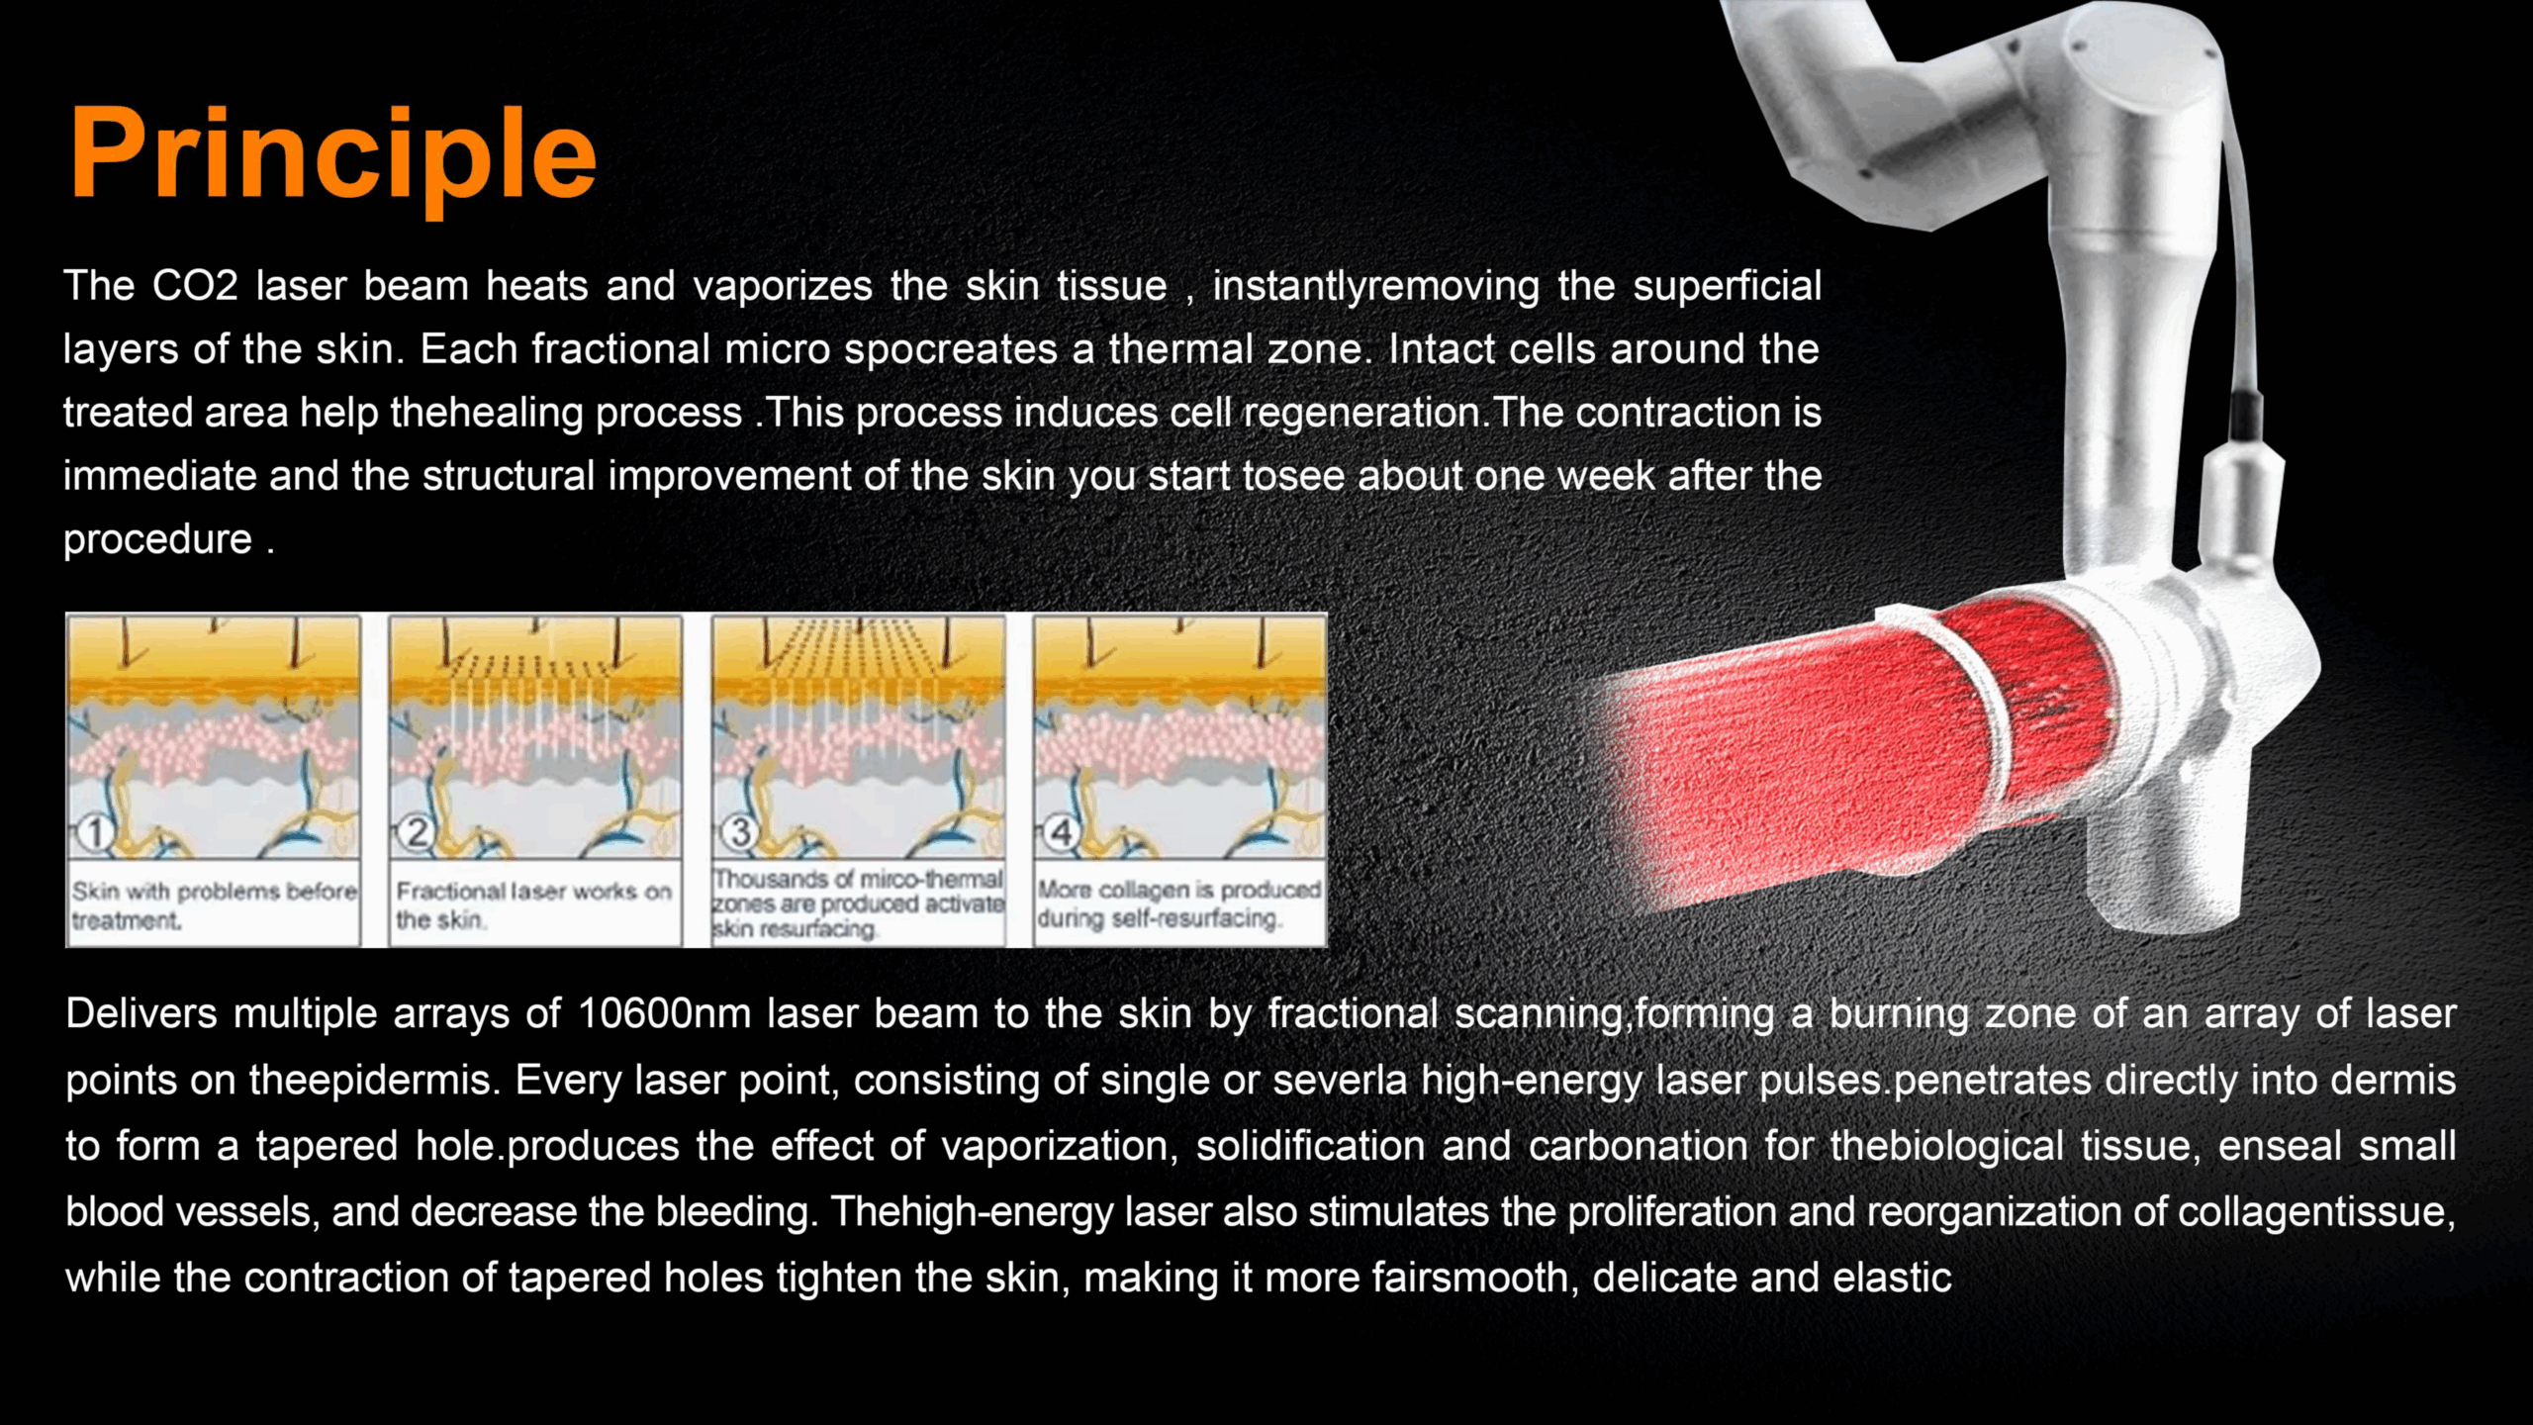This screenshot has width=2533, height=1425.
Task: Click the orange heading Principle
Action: click(332, 156)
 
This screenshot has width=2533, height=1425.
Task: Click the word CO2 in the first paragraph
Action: click(195, 286)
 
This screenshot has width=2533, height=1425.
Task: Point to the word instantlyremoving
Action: click(1376, 287)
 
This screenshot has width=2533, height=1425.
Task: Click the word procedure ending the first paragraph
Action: click(158, 539)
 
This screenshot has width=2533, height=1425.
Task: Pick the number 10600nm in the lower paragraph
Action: click(663, 1014)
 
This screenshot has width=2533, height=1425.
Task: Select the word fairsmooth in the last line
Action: click(1473, 1278)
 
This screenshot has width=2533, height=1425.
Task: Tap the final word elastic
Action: click(1892, 1278)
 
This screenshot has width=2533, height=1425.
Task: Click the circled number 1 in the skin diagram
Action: click(94, 833)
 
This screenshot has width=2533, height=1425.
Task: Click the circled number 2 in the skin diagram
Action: click(417, 833)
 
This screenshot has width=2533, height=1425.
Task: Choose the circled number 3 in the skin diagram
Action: click(739, 833)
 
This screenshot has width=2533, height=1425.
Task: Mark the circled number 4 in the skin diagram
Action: click(1061, 833)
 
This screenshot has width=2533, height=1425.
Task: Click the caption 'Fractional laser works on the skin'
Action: click(533, 905)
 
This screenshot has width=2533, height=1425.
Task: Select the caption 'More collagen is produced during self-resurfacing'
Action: click(1178, 903)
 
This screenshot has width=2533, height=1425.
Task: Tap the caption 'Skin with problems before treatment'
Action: click(214, 905)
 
